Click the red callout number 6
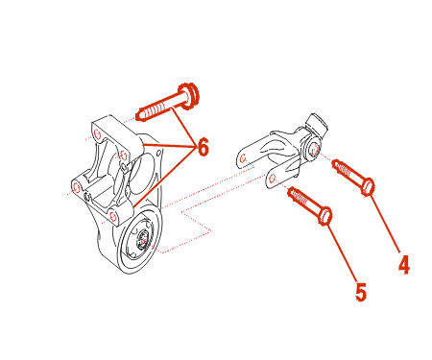click(x=204, y=147)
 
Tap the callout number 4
click(x=404, y=264)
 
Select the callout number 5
click(x=361, y=292)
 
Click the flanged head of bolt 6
click(x=189, y=95)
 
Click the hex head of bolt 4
click(x=368, y=187)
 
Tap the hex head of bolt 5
click(x=325, y=216)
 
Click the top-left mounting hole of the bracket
click(x=98, y=134)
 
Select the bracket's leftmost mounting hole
click(x=77, y=188)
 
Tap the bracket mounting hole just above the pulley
click(x=112, y=217)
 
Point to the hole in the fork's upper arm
click(x=243, y=158)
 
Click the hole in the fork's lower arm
click(x=273, y=179)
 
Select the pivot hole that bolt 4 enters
click(x=314, y=149)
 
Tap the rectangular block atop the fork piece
click(x=317, y=124)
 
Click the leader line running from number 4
click(x=385, y=223)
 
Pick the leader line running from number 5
click(x=342, y=253)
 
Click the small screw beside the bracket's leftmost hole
click(x=86, y=196)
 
